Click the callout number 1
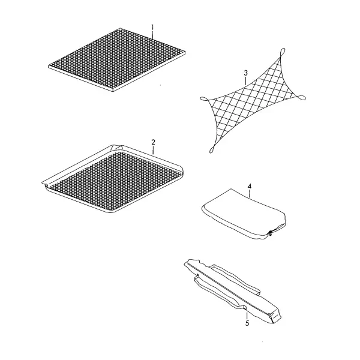[152, 28]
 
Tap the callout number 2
[154, 142]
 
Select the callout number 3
[245, 73]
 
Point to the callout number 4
[250, 186]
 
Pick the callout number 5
[247, 323]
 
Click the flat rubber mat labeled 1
[116, 59]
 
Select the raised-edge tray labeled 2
[113, 179]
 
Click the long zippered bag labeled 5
[232, 290]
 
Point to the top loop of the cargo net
[283, 52]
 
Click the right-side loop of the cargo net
[301, 98]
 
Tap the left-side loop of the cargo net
[204, 99]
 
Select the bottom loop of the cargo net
[212, 149]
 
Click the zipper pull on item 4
[271, 233]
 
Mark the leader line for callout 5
[247, 314]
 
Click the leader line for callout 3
[245, 81]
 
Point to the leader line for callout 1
[152, 35]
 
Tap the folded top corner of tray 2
[116, 147]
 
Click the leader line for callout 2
[153, 150]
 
